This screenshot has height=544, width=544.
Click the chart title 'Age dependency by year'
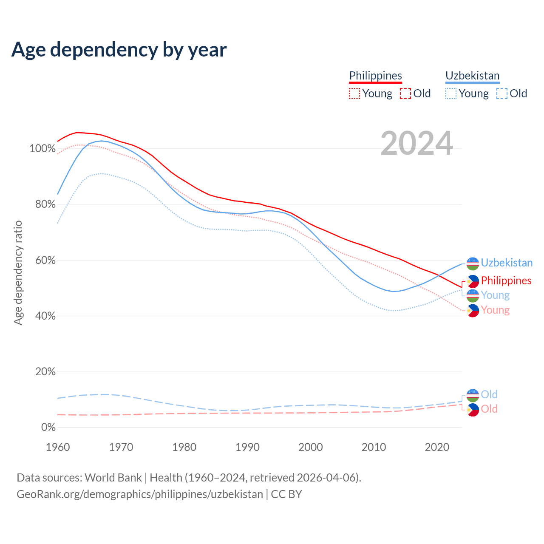[x=119, y=50]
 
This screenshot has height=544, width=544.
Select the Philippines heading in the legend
[x=375, y=76]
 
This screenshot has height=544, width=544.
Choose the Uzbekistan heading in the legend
[x=472, y=76]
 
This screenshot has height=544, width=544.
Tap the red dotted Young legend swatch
[x=354, y=93]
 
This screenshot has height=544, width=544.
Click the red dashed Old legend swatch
[x=405, y=93]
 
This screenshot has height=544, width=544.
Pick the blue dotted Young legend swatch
[x=451, y=93]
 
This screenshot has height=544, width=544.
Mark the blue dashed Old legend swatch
[x=502, y=93]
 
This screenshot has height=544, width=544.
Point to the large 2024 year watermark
[x=416, y=143]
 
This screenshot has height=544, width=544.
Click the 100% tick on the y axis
[x=42, y=149]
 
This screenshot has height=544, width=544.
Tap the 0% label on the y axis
[x=48, y=428]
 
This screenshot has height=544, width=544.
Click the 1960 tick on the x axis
[x=58, y=447]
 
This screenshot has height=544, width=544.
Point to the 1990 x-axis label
[x=247, y=447]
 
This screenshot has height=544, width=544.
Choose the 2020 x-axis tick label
[x=437, y=447]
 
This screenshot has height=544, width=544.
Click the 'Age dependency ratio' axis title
[x=18, y=272]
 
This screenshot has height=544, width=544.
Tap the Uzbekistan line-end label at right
[x=507, y=263]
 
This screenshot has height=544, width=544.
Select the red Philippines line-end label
[x=506, y=280]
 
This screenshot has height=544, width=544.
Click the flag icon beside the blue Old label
[x=473, y=395]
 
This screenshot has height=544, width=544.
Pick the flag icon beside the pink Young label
[x=473, y=311]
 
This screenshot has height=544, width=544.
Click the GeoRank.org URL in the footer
[x=140, y=494]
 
